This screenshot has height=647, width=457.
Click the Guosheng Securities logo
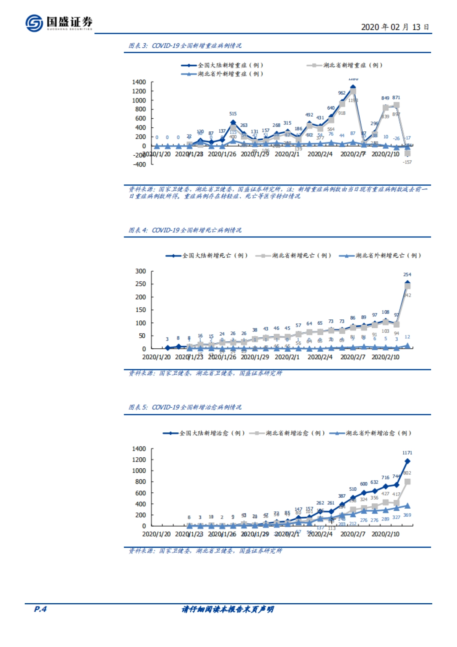point(59,23)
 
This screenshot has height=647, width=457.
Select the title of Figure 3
point(185,46)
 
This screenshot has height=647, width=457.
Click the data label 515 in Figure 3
point(233,114)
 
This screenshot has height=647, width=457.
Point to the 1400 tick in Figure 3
point(139,82)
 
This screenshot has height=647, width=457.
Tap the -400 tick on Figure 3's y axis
point(139,164)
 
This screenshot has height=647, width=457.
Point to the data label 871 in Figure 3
point(396,98)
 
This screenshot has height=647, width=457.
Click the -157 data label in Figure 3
point(407,162)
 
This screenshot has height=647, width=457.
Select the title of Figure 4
point(185,230)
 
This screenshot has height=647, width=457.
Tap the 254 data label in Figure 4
point(407,274)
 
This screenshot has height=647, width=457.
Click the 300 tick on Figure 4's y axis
point(141,271)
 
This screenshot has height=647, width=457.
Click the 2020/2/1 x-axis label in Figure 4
point(287,357)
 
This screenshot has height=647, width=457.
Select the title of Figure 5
point(185,407)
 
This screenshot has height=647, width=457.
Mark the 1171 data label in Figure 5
point(407,453)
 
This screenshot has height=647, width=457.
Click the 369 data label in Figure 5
point(407,515)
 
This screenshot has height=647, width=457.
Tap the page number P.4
point(40,609)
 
